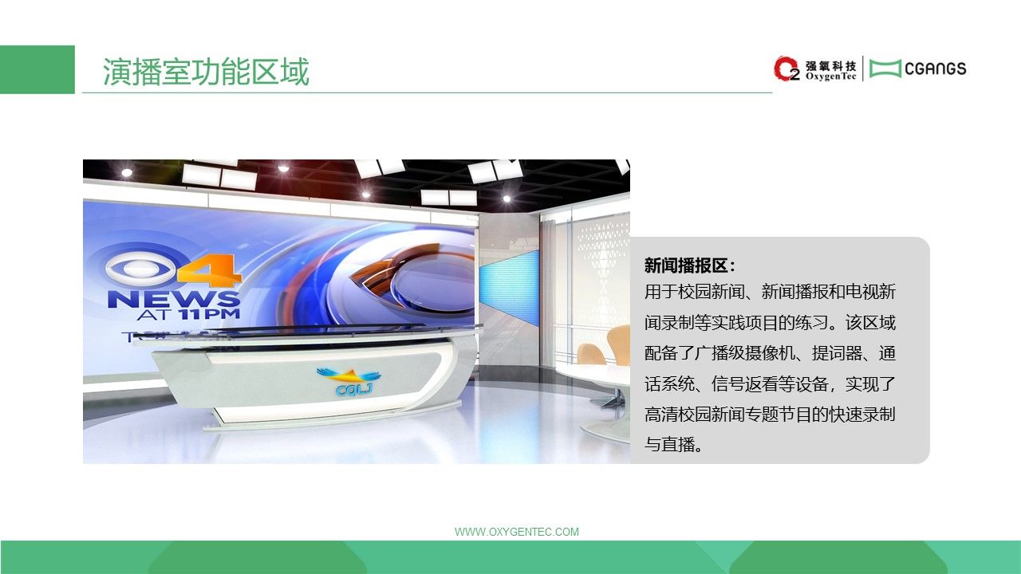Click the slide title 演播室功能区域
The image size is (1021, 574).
click(206, 72)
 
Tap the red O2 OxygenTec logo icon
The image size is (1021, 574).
click(786, 69)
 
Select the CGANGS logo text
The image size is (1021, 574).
click(936, 69)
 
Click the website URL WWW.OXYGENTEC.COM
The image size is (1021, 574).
click(517, 532)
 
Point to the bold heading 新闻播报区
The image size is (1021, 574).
click(686, 265)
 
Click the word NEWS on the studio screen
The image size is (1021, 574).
click(174, 299)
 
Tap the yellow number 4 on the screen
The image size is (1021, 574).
click(209, 270)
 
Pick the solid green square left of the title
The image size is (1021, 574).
click(37, 69)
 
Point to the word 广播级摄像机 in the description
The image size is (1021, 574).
click(744, 353)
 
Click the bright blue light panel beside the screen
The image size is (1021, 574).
click(509, 288)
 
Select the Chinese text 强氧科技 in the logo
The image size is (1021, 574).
click(831, 66)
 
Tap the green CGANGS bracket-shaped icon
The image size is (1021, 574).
click(885, 69)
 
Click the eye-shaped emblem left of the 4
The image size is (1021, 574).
click(140, 269)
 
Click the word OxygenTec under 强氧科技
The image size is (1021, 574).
click(831, 77)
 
